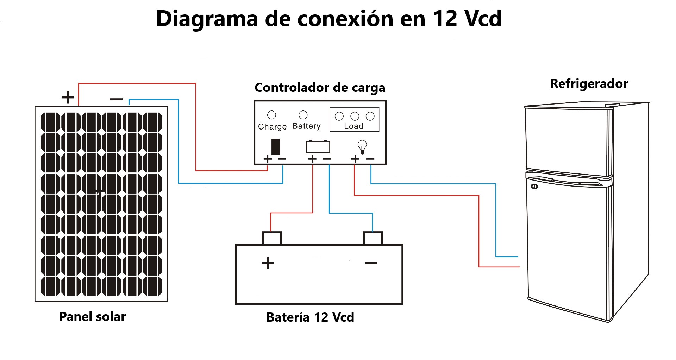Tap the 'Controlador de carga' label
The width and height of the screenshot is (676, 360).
click(x=320, y=88)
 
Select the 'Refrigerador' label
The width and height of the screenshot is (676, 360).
click(x=589, y=84)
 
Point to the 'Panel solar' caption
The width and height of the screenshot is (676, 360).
click(x=92, y=316)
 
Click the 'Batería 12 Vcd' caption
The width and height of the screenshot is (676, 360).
click(x=310, y=317)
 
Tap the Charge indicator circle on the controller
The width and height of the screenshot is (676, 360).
click(x=272, y=115)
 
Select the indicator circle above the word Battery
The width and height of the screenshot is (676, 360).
click(x=303, y=115)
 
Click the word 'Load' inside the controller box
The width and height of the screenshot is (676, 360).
click(x=353, y=126)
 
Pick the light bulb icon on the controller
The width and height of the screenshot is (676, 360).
click(x=362, y=146)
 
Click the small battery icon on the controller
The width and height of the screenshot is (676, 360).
click(x=318, y=146)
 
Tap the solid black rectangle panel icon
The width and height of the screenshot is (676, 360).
click(x=276, y=146)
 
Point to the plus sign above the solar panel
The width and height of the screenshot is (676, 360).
click(x=68, y=97)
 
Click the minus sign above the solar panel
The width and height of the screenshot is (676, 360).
click(x=116, y=99)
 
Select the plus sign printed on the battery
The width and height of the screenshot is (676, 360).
click(x=268, y=263)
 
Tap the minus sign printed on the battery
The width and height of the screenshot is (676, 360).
click(x=371, y=263)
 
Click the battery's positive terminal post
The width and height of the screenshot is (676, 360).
click(x=272, y=238)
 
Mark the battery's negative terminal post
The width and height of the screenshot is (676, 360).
click(x=373, y=238)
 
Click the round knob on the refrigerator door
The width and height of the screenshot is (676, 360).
click(x=534, y=186)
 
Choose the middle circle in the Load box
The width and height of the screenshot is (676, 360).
click(x=355, y=116)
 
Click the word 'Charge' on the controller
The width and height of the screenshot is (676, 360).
click(x=272, y=127)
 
